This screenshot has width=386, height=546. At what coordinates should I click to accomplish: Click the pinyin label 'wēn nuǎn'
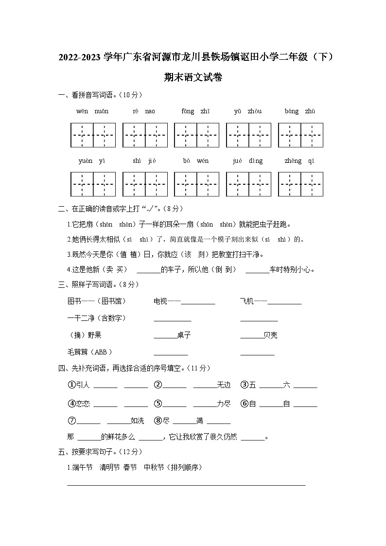[x=92, y=111]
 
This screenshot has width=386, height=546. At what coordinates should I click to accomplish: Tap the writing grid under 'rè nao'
[x=145, y=135]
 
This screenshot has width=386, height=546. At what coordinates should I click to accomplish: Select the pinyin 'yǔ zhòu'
[x=247, y=111]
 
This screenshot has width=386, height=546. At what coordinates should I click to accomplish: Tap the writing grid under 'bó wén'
[x=196, y=184]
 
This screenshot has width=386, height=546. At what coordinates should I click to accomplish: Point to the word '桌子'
[x=184, y=335]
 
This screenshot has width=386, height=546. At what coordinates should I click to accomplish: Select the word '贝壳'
[x=270, y=335]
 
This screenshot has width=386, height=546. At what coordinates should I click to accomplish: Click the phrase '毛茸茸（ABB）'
[x=90, y=352]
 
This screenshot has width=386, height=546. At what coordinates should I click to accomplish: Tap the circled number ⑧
[x=158, y=421]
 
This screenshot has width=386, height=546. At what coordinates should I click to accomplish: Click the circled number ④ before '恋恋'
[x=71, y=404]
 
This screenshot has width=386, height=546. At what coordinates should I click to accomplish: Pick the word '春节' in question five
[x=130, y=467]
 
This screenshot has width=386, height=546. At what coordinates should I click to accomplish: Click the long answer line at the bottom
[x=186, y=485]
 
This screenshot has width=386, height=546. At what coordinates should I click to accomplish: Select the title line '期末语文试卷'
[x=193, y=77]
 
